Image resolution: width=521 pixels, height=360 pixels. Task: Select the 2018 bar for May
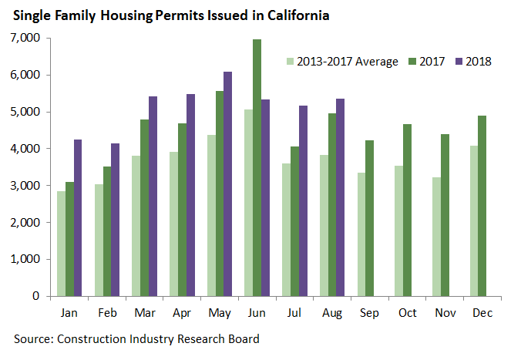pos(227,184)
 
